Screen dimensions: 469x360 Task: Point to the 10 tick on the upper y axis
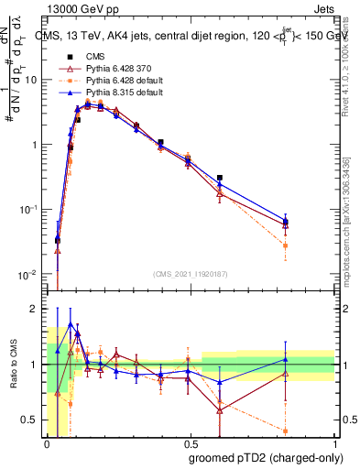tap(33, 80)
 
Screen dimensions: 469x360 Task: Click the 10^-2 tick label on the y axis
tap(30, 275)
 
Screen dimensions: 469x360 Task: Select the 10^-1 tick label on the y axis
tap(30, 210)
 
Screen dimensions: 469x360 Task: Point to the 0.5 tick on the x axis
tap(191, 442)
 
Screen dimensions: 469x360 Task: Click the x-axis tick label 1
tap(335, 442)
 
